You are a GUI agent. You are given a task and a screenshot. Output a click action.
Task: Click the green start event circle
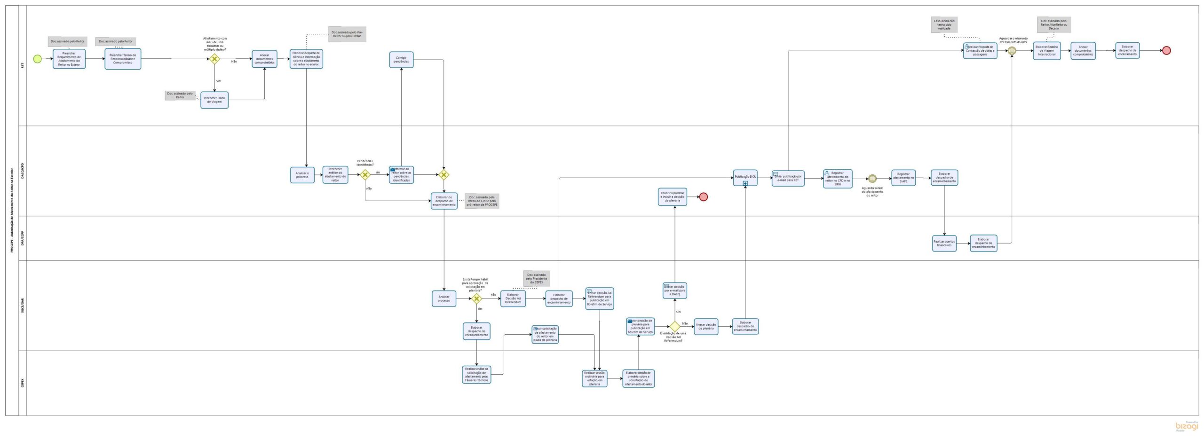point(37,59)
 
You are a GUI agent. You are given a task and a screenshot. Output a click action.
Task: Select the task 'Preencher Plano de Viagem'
point(214,100)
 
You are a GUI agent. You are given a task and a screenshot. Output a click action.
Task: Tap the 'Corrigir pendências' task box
point(401,60)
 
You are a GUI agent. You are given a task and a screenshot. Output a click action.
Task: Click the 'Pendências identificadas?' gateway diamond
point(365,175)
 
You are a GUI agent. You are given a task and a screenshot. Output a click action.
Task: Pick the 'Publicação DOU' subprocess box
point(745,177)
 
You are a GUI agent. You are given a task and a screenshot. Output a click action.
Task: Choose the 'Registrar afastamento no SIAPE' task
point(903,178)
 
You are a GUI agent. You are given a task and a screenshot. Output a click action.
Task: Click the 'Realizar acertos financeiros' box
point(944,243)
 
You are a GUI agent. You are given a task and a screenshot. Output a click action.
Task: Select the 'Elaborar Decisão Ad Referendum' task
point(513,299)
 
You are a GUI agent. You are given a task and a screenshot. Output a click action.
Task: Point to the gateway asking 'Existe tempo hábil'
point(476,299)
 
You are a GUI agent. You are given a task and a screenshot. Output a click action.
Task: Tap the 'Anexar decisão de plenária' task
point(705,326)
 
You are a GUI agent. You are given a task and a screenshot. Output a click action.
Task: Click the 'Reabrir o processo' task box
point(672,196)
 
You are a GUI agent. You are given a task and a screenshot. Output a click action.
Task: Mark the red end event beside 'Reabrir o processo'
point(703,196)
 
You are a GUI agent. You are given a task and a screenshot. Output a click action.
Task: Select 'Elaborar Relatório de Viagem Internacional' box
point(1046,51)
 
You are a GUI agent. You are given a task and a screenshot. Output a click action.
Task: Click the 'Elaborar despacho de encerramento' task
point(1127,50)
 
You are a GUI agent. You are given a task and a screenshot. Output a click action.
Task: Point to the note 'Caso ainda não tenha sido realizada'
point(944,24)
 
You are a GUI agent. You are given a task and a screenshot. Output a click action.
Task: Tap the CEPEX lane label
point(23,383)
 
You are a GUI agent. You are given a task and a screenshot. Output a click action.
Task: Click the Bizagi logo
point(1186,426)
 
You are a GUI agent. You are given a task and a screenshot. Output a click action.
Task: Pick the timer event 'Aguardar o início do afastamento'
point(872,179)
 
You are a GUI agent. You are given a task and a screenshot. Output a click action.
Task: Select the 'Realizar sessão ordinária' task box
point(594,378)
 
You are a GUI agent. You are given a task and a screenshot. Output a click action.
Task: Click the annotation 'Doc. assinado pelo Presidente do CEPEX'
point(536,278)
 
